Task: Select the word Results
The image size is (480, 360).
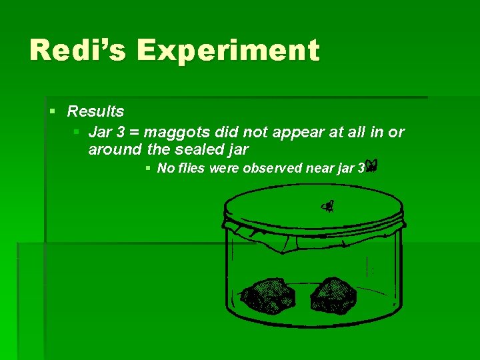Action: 95,111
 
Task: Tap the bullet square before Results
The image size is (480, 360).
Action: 52,111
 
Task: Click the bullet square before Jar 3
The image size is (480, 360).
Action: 77,132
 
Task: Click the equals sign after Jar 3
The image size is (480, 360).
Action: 133,133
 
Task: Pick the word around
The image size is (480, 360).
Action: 115,150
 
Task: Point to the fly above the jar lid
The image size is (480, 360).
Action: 327,207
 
